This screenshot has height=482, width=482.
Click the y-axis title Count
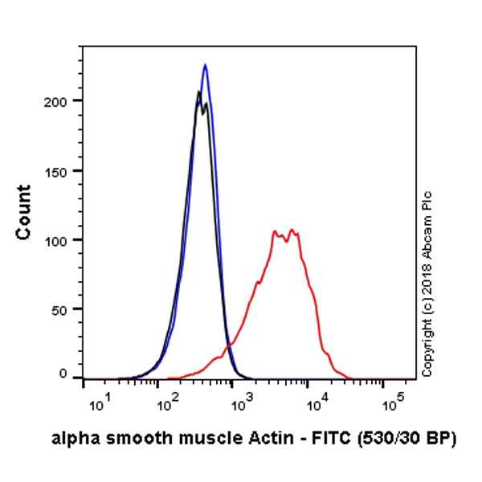tap(24, 212)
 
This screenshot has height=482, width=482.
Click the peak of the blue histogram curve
tap(206, 65)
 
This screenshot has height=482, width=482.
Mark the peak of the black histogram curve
tap(199, 92)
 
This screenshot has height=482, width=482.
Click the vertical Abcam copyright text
tap(427, 283)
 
